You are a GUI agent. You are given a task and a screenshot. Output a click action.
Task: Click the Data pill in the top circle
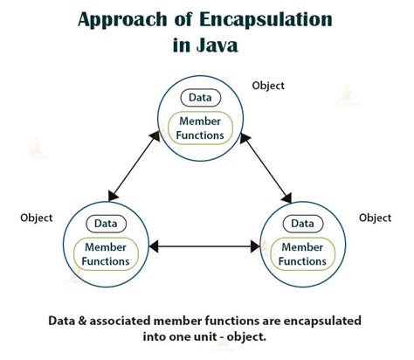tap(201, 99)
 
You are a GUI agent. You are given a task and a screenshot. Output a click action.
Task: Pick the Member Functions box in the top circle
tap(201, 128)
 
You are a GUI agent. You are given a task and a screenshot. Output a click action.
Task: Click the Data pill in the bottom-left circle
tap(106, 224)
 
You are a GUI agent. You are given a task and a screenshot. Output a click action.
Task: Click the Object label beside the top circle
tap(268, 87)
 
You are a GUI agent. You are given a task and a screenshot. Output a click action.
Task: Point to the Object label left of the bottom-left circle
tap(35, 218)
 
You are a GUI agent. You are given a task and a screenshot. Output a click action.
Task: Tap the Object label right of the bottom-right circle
tap(375, 218)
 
